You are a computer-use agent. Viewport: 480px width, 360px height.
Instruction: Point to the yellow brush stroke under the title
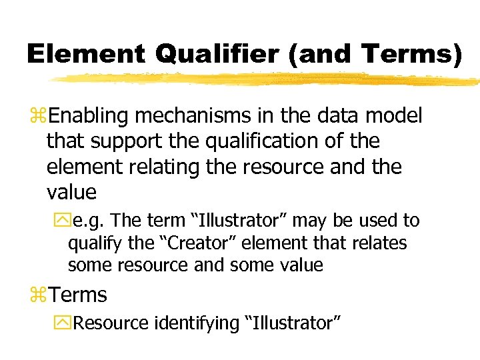coord(267,79)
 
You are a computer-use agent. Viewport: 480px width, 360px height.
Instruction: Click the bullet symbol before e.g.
coord(61,221)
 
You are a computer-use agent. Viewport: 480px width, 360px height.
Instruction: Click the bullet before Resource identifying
coord(61,323)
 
